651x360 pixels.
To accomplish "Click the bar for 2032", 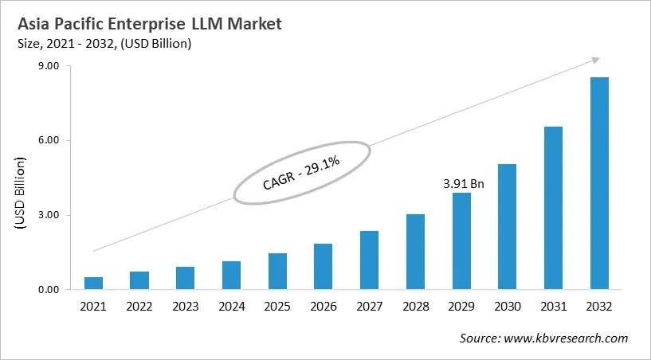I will pyautogui.click(x=599, y=183).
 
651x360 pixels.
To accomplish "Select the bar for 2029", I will pyautogui.click(x=461, y=241).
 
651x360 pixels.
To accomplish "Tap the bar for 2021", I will pyautogui.click(x=93, y=283).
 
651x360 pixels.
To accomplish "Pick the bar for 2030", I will pyautogui.click(x=507, y=226).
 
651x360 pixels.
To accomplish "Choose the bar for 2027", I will pyautogui.click(x=369, y=260).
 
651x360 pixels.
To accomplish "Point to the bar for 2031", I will pyautogui.click(x=553, y=207).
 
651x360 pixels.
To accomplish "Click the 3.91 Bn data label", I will pyautogui.click(x=462, y=183).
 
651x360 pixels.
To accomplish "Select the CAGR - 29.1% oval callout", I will pyautogui.click(x=302, y=172).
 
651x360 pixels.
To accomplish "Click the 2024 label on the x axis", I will pyautogui.click(x=231, y=306).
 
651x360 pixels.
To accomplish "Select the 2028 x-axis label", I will pyautogui.click(x=415, y=306).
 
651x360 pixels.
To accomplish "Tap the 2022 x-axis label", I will pyautogui.click(x=139, y=306).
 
